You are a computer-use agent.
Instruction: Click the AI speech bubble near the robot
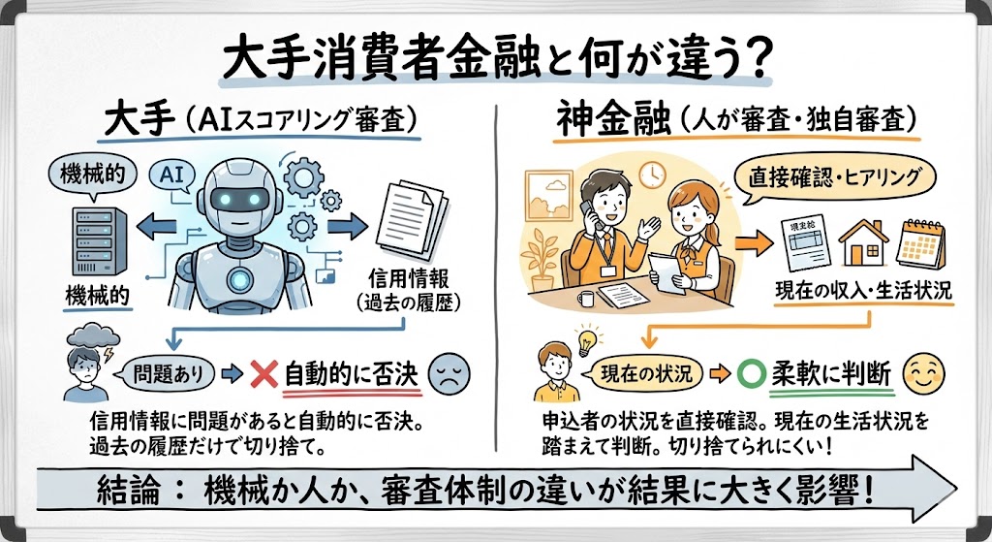(171, 176)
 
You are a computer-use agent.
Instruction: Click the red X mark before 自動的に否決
(263, 373)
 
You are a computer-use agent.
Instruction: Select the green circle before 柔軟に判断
(746, 373)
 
